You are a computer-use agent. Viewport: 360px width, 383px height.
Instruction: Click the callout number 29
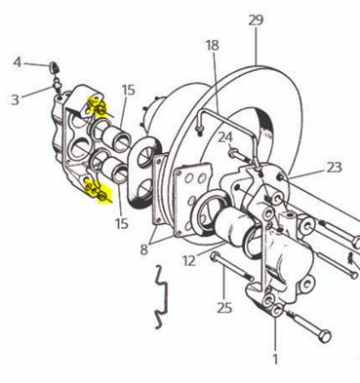coord(256,20)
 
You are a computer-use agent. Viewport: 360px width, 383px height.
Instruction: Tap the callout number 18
coord(213,45)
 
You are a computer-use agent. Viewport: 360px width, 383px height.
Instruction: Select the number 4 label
coord(18,62)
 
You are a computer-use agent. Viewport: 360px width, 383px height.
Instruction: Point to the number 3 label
coord(15,99)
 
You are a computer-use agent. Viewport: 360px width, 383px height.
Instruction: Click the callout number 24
coord(225,137)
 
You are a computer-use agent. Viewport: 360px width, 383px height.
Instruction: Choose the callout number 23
coord(335,168)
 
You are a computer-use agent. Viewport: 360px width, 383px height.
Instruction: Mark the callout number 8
coord(144,249)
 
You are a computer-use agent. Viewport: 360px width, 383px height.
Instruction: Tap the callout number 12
coord(189,260)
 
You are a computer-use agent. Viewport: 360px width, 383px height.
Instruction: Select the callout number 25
coord(224,307)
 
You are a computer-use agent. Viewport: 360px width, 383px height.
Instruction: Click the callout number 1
coord(275,360)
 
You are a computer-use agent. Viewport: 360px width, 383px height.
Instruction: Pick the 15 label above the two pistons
coord(129,90)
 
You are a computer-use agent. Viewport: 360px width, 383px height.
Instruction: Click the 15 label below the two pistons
coord(122,224)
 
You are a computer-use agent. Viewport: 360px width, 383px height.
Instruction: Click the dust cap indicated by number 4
coord(54,66)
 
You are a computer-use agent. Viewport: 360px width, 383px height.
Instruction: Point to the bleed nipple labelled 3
coord(57,86)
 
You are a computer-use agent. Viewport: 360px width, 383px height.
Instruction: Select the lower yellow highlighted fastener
coord(98,192)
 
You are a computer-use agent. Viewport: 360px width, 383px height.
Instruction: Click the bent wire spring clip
coord(161,296)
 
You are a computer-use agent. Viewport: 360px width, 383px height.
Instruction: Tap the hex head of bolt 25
coord(214,256)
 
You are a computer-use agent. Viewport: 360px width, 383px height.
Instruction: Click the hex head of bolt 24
coord(233,152)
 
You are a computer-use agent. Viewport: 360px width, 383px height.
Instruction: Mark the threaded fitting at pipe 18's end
coord(198,131)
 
